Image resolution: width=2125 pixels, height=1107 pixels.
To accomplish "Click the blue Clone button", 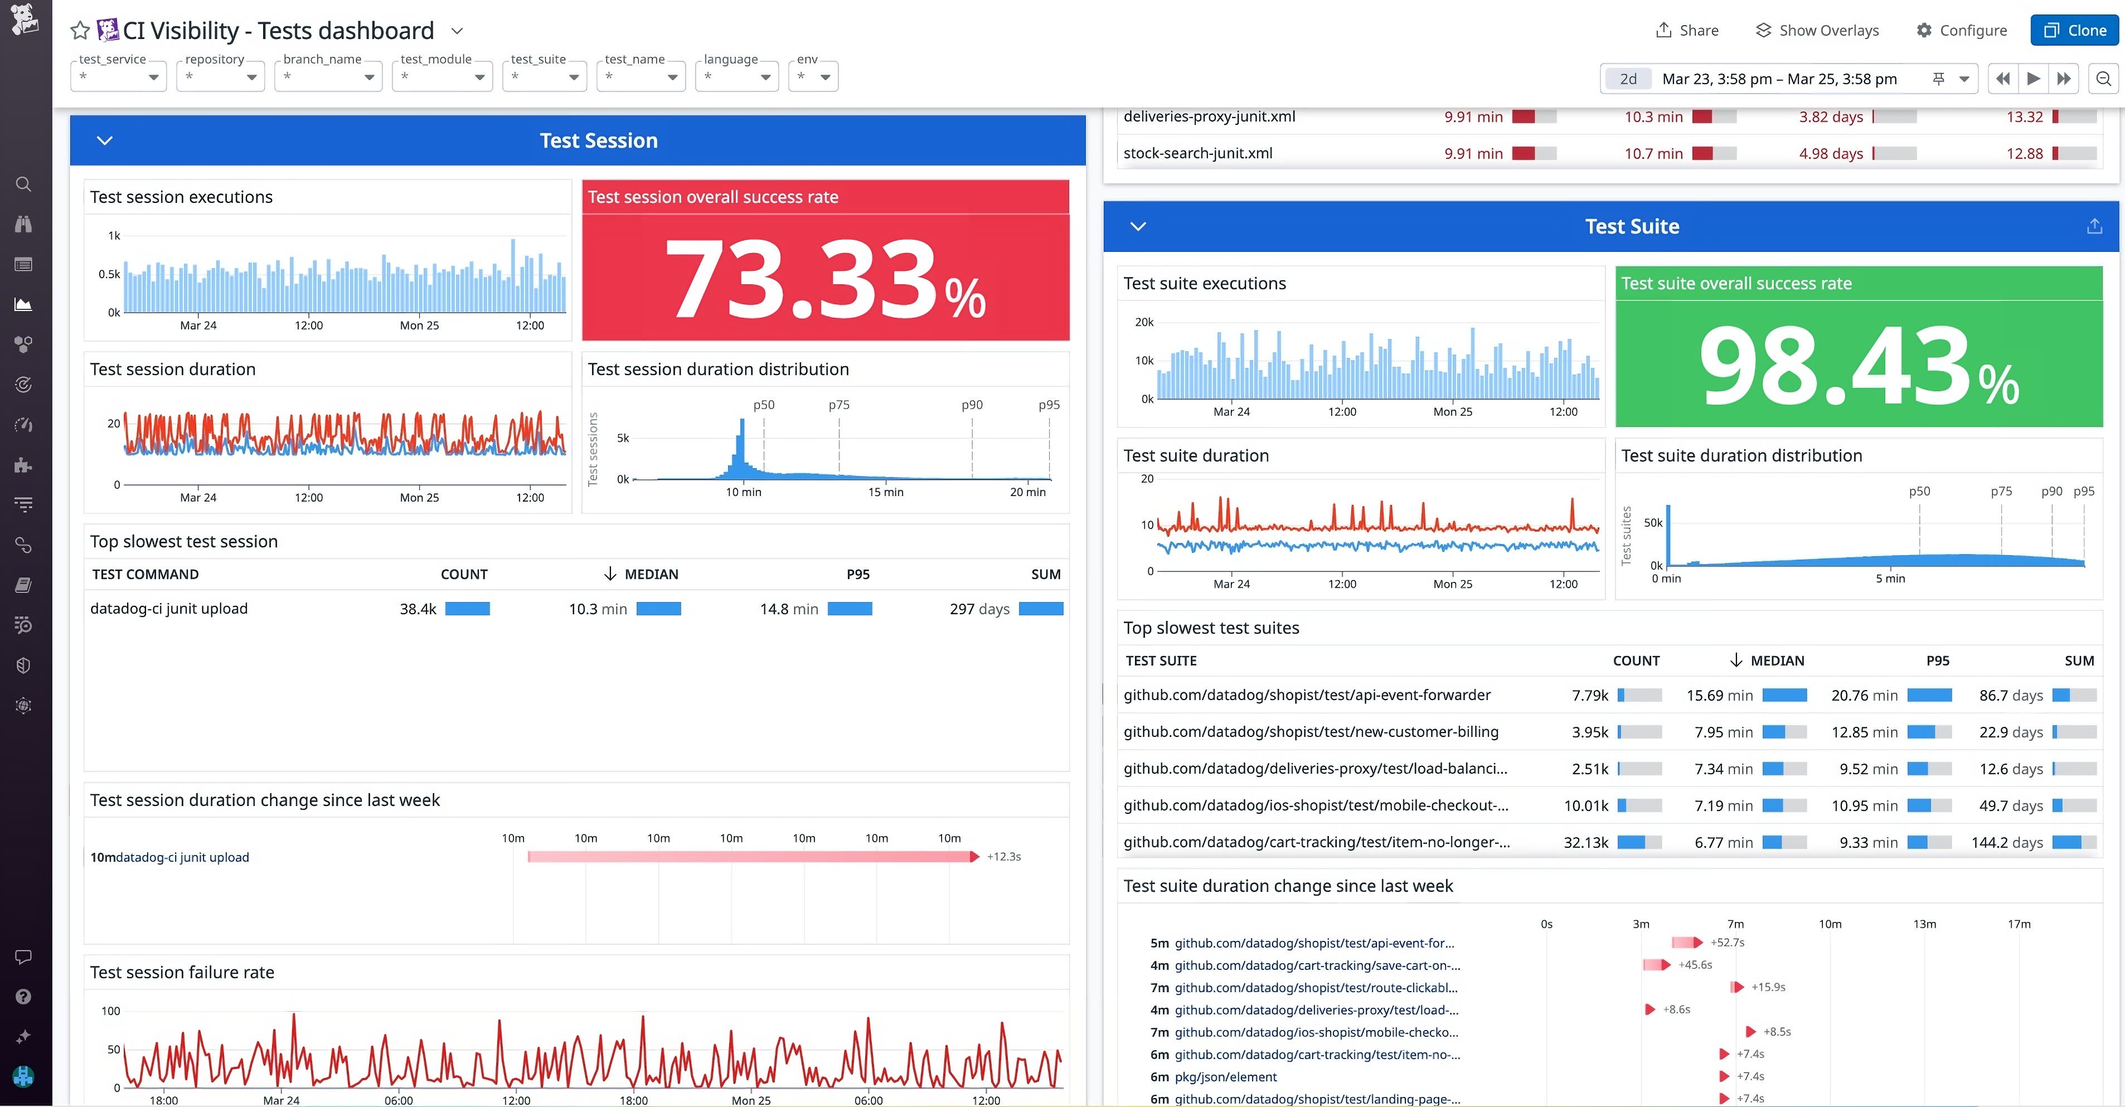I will [x=2075, y=31].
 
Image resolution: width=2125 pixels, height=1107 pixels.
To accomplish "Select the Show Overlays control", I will [x=1817, y=31].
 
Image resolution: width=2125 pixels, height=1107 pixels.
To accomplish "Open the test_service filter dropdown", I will [x=119, y=77].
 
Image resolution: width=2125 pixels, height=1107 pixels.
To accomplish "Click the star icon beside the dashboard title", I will [x=80, y=31].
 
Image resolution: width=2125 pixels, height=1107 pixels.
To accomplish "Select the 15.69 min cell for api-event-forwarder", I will [x=1719, y=696].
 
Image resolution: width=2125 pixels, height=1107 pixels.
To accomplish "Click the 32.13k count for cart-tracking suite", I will [x=1585, y=842].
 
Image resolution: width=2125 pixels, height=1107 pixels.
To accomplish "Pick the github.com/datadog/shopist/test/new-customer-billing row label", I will [x=1310, y=732].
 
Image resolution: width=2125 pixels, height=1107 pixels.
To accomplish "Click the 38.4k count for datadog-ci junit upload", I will [x=418, y=609].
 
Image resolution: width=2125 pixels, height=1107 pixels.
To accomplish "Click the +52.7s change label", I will [x=1728, y=942].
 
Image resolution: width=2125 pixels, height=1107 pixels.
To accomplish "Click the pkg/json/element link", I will [x=1225, y=1076].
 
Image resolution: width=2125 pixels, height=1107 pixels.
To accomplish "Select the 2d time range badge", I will [x=1628, y=79].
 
